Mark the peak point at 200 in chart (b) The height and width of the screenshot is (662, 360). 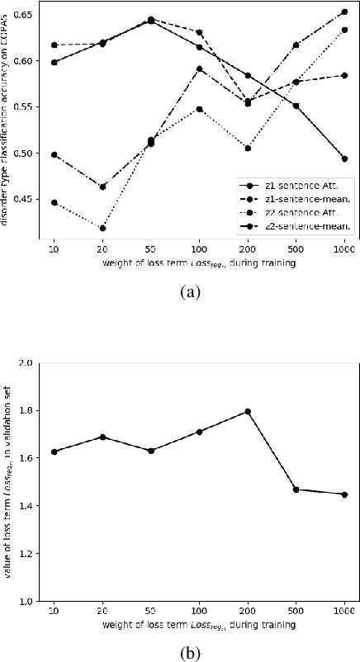(247, 411)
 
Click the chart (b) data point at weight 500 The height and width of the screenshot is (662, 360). (296, 489)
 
